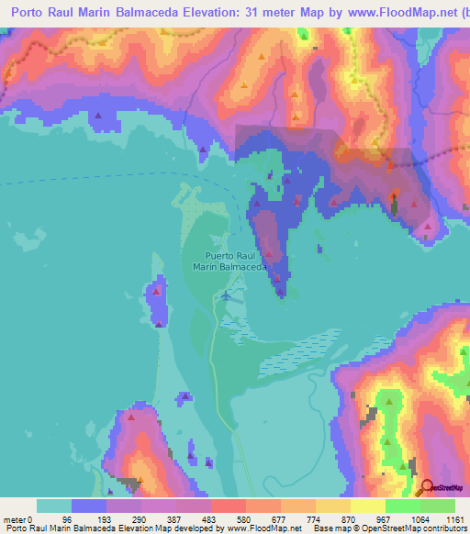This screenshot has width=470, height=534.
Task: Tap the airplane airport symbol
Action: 227,295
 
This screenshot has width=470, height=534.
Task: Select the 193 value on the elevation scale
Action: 126,520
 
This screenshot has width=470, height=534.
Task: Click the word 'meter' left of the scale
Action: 15,520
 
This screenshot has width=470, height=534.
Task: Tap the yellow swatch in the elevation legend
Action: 368,506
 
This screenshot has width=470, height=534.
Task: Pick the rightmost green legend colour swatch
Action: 437,506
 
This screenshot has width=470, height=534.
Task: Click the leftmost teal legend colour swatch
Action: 54,506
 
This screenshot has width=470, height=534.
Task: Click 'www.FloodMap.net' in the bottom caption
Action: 259,528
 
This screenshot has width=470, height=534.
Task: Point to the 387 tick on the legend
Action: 196,520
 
